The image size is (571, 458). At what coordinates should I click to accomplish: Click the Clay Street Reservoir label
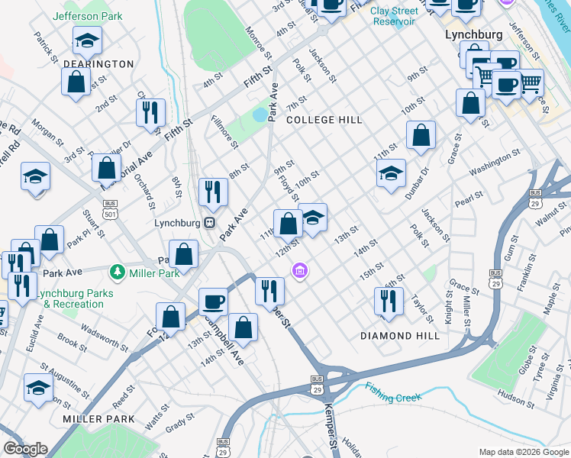(x=395, y=16)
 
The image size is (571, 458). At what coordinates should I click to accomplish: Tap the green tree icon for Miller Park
(x=117, y=272)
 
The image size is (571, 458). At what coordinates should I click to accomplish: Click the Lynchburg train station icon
(x=208, y=223)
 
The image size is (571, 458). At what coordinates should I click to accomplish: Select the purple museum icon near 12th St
(x=300, y=271)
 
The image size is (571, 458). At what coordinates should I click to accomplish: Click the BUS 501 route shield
(x=111, y=208)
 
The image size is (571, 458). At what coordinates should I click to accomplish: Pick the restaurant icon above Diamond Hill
(x=389, y=301)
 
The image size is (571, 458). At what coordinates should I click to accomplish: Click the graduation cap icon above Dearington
(x=87, y=40)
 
